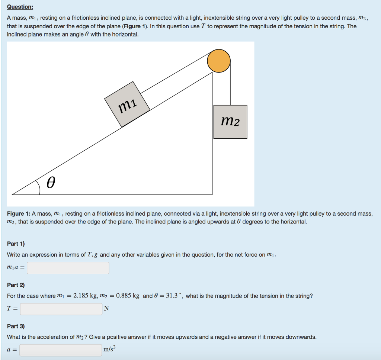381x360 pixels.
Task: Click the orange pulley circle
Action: point(219,61)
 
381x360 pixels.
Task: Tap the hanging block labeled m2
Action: point(230,122)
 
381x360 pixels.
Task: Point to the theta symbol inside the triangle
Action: point(51,183)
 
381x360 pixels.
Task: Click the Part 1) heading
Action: point(16,244)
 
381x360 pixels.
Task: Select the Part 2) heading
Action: point(16,285)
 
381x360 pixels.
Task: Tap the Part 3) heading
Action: point(16,326)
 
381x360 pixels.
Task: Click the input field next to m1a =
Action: point(68,268)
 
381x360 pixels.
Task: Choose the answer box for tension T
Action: point(61,309)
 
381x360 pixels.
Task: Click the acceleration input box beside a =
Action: point(61,350)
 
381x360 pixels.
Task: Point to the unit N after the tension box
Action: point(106,309)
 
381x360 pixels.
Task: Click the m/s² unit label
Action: point(110,350)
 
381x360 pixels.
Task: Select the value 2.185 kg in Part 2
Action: point(87,296)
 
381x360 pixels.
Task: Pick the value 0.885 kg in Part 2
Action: point(127,296)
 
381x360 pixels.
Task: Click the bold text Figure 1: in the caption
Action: point(19,213)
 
